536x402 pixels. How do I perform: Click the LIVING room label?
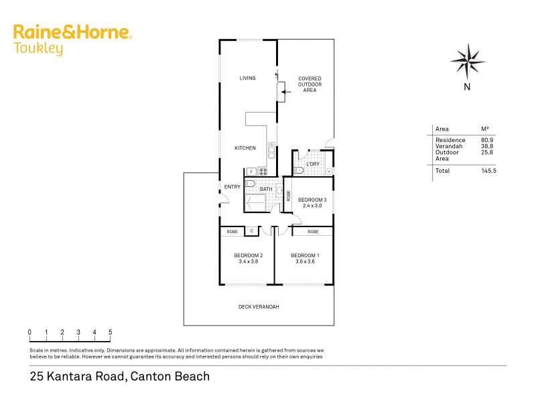click(x=248, y=78)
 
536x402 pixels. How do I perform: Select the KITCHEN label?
click(x=245, y=148)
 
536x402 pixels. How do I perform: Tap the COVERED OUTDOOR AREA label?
click(x=310, y=84)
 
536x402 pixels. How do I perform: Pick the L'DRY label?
click(x=313, y=164)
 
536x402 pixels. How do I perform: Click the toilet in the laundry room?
click(x=299, y=171)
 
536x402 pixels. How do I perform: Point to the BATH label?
click(x=266, y=189)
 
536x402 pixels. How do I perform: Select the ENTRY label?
click(x=232, y=187)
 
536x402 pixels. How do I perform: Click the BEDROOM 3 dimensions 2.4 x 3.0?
click(x=312, y=206)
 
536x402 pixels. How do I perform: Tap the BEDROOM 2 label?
click(x=248, y=255)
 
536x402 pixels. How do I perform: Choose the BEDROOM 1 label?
click(x=306, y=255)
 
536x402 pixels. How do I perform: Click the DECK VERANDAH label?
click(x=259, y=307)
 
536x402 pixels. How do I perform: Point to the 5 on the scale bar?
click(x=110, y=332)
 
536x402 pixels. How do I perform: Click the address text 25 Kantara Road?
click(x=77, y=377)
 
